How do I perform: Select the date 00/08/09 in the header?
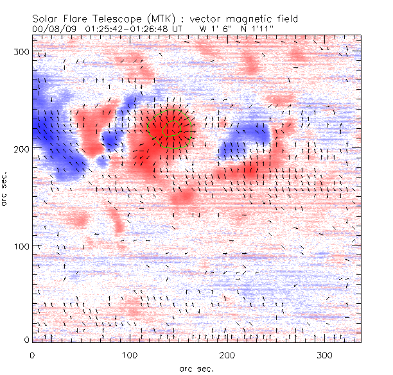click(50, 28)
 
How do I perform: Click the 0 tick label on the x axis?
click(32, 354)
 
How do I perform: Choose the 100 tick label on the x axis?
click(130, 354)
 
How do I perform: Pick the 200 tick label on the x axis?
click(228, 354)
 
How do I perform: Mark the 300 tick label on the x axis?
click(326, 354)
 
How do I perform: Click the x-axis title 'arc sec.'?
click(197, 369)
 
